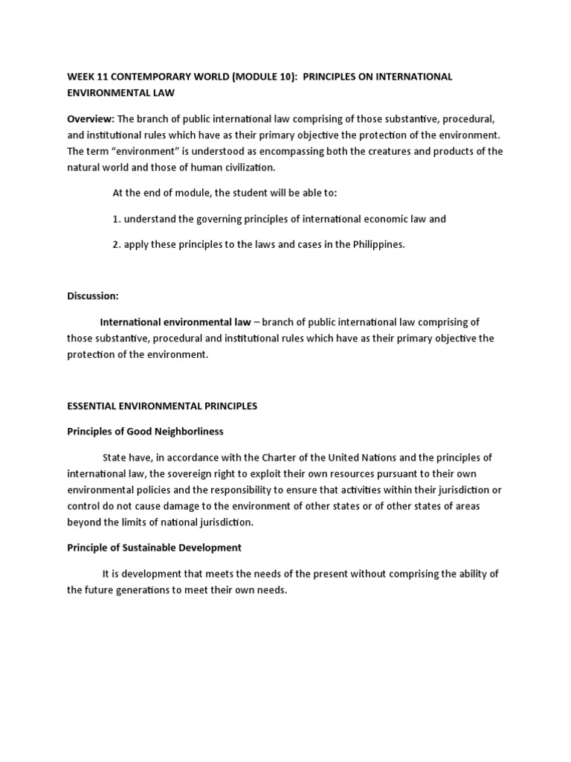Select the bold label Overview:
pos(90,119)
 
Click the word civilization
pos(244,167)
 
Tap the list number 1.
pos(116,219)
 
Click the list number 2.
pos(116,245)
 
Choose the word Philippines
pos(378,245)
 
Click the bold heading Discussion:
pos(93,295)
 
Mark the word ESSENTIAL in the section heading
pos(91,406)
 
